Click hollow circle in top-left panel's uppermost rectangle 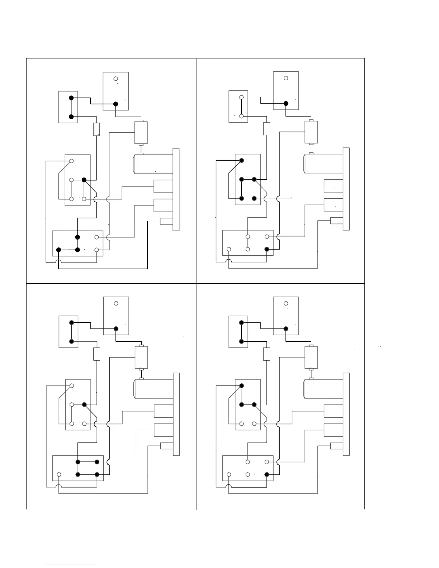(x=115, y=79)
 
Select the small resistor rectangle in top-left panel (x=96, y=129)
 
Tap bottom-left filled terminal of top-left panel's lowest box (x=59, y=250)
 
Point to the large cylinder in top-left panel (x=153, y=164)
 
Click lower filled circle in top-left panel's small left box (x=71, y=117)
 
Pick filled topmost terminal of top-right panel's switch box (x=241, y=160)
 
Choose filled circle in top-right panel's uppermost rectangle (x=286, y=103)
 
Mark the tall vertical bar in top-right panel (x=346, y=189)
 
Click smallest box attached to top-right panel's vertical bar (x=336, y=221)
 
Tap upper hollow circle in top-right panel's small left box (x=241, y=97)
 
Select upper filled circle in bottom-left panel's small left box (x=71, y=323)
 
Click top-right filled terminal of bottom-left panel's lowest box (x=97, y=462)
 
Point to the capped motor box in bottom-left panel (x=141, y=358)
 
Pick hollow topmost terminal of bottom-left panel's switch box (x=72, y=386)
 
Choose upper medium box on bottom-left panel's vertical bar (x=164, y=411)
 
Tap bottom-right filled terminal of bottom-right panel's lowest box (x=267, y=474)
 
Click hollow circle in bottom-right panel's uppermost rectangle (x=286, y=303)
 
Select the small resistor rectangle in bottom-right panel (x=266, y=354)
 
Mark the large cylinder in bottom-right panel (x=323, y=389)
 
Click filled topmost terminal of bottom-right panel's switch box (x=241, y=386)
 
